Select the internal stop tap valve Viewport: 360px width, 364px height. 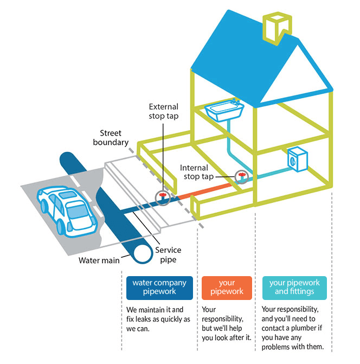click(241, 177)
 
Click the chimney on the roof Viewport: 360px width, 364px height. click(274, 27)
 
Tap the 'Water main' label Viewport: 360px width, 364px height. click(99, 260)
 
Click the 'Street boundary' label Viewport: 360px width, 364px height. click(114, 138)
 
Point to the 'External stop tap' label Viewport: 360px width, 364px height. click(163, 111)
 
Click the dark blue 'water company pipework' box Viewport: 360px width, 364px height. click(159, 288)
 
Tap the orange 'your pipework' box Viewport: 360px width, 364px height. click(227, 288)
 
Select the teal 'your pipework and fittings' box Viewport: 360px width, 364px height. click(294, 288)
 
